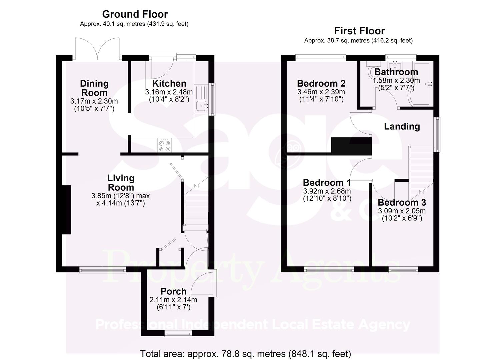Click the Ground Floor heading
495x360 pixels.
coord(135,14)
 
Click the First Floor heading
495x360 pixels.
coord(359,31)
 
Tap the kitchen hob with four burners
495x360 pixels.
coord(165,145)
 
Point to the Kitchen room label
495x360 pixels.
coord(169,83)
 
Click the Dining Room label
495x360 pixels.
coord(94,88)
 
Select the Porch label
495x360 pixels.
coord(173,291)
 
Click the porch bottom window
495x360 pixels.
coord(178,332)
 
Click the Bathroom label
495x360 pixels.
coord(396,72)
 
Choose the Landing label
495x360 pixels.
coord(402,126)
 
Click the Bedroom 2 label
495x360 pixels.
coord(321,83)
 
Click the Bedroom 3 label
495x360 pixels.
coord(402,202)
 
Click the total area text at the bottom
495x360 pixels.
coord(245,353)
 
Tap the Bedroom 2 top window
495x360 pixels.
coord(321,57)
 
